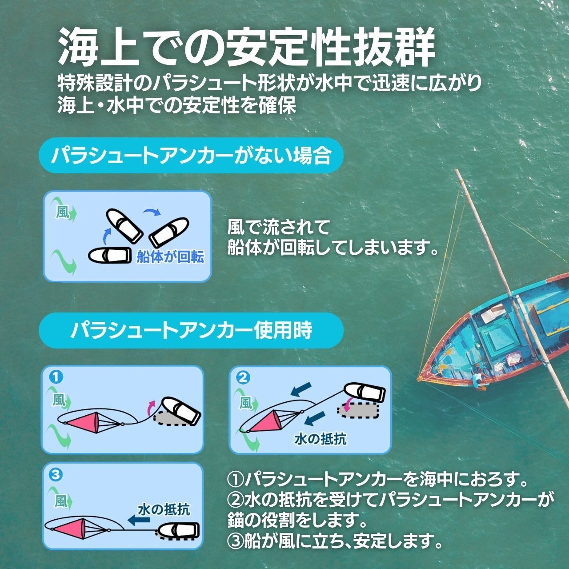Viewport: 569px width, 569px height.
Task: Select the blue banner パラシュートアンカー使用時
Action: pos(191,329)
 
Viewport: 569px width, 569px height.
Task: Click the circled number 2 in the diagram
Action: pos(242,377)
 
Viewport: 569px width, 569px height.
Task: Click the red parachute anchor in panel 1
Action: pos(87,420)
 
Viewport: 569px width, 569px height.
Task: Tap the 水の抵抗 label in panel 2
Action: pos(320,439)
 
